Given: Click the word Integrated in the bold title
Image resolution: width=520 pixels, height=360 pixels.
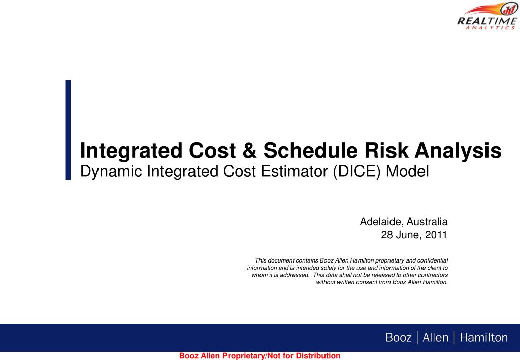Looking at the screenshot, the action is coord(132,151).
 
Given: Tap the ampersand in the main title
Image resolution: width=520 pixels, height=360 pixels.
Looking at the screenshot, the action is coord(249,150).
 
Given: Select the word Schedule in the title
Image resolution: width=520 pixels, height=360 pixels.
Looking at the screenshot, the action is coord(310,150).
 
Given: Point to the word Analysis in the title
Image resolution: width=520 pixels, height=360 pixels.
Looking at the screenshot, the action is coord(458,151).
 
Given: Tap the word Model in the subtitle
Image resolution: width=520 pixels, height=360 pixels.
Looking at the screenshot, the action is coord(407,172).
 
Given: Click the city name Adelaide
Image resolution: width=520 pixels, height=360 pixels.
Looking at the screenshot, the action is coord(381,222).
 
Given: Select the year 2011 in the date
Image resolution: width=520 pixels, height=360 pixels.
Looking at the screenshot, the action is coord(436,235).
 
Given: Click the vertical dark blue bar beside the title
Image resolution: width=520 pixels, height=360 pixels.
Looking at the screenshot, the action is coord(68,130).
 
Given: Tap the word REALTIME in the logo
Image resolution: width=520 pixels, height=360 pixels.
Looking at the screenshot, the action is coord(487,21).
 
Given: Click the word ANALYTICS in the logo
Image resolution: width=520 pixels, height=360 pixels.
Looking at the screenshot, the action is coord(490,28).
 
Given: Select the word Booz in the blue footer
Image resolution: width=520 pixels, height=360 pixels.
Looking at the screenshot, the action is coord(398,338).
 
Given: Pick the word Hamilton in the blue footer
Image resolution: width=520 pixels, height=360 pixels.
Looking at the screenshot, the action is coord(483,338).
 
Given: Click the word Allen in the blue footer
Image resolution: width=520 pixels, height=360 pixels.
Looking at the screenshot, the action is coord(435,338).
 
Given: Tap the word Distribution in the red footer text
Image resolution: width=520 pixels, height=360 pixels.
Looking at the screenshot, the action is coord(318,356).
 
